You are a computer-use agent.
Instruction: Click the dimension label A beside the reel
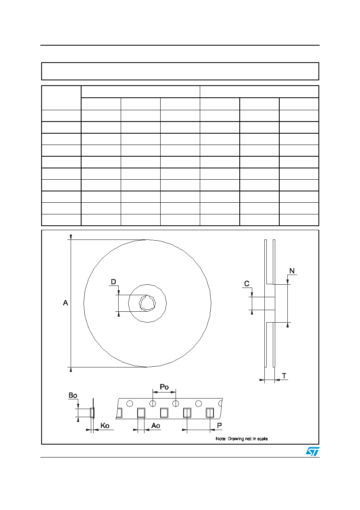[x=65, y=303]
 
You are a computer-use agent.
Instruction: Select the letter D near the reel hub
[x=113, y=282]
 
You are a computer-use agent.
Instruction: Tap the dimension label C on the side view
[x=247, y=283]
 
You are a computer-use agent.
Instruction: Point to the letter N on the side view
[x=292, y=271]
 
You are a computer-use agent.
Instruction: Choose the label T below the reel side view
[x=284, y=376]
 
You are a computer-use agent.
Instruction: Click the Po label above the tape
[x=164, y=387]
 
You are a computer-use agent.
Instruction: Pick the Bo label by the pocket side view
[x=73, y=395]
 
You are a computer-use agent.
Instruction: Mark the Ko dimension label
[x=105, y=426]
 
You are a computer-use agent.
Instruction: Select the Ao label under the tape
[x=156, y=426]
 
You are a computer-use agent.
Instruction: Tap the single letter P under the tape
[x=220, y=425]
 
